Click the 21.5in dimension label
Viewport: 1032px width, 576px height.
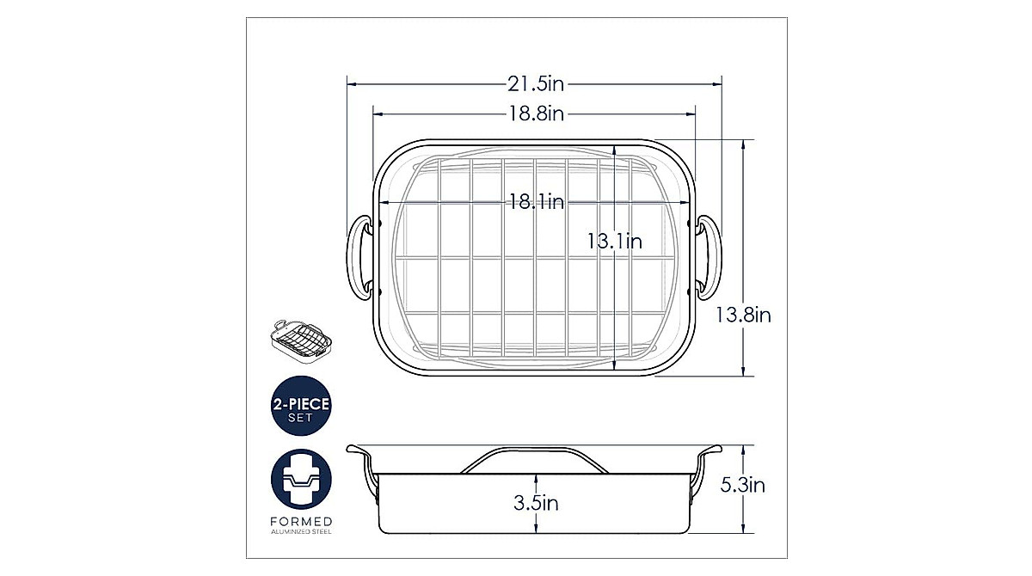pos(536,84)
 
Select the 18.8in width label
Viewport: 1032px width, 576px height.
pos(536,113)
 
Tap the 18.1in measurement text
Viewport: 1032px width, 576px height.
pos(537,202)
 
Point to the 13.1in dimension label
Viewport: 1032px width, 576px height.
pos(615,242)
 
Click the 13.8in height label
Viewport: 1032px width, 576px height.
pos(743,316)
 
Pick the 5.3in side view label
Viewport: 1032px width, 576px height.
pos(743,485)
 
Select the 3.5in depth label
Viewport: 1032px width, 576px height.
pos(536,503)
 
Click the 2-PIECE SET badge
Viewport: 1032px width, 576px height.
pos(301,406)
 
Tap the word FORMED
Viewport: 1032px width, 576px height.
pos(301,522)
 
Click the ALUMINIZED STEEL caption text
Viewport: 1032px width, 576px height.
pos(301,532)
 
